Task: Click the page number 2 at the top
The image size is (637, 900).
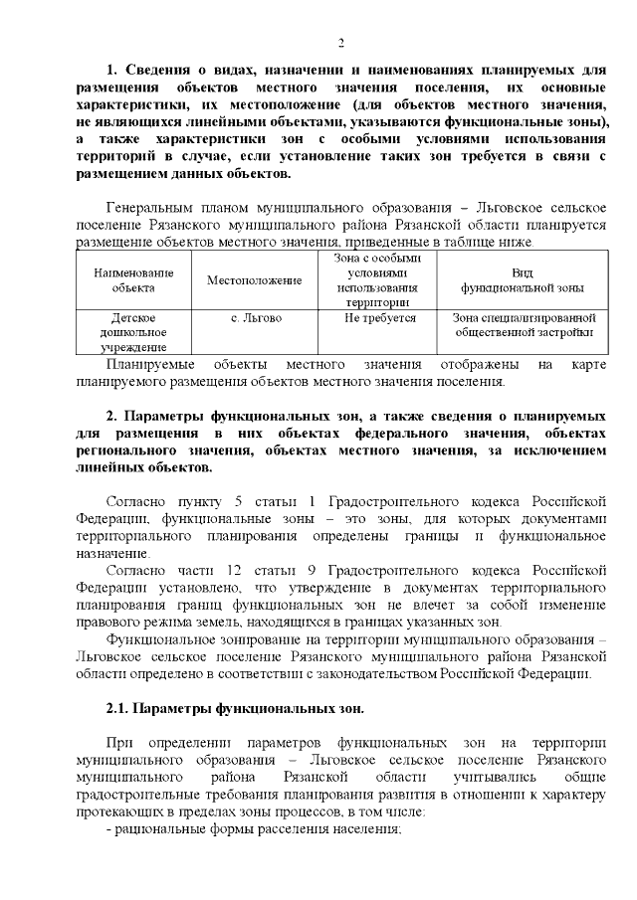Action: (x=340, y=43)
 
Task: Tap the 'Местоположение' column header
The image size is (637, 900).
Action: (x=254, y=280)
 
